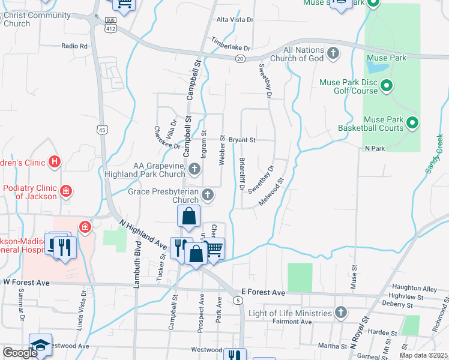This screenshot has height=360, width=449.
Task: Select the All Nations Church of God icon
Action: pyautogui.click(x=334, y=55)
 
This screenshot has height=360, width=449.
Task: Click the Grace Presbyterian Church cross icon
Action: pyautogui.click(x=208, y=194)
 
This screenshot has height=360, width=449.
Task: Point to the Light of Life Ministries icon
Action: pyautogui.click(x=341, y=313)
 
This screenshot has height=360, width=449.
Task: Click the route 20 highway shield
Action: pyautogui.click(x=240, y=58)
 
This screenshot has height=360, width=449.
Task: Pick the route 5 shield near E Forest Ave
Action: pyautogui.click(x=239, y=299)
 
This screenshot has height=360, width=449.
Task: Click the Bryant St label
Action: pyautogui.click(x=242, y=140)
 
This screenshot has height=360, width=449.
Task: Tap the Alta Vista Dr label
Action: pyautogui.click(x=235, y=20)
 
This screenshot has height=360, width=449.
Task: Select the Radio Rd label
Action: pyautogui.click(x=74, y=46)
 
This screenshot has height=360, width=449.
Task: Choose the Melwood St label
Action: pyautogui.click(x=271, y=191)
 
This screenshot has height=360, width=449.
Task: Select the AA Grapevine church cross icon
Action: pyautogui.click(x=194, y=167)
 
